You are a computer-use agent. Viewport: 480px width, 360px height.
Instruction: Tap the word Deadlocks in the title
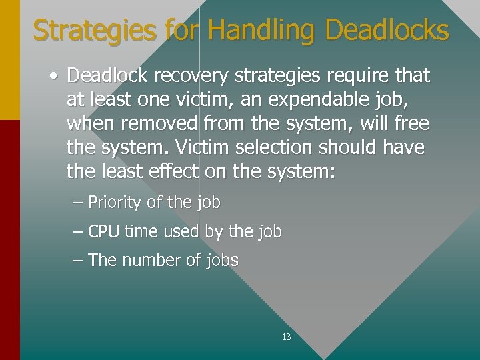pos(387,31)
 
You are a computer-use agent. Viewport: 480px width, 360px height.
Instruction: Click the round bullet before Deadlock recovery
pos(52,76)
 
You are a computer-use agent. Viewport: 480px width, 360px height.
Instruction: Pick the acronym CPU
pos(104,232)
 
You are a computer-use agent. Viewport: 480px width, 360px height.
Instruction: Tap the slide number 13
pos(286,337)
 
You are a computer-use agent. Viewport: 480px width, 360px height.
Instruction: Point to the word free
pos(411,124)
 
